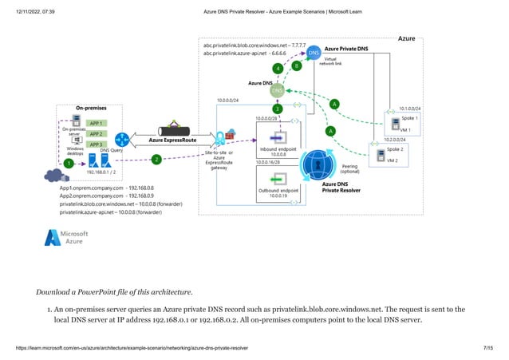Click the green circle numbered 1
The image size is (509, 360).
69,163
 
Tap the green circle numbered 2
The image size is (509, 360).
156,160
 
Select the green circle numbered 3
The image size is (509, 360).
277,109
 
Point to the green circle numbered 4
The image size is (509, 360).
277,69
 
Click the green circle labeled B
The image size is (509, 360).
297,65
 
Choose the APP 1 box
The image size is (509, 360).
97,124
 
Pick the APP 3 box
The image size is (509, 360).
97,144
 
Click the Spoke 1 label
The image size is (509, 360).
409,118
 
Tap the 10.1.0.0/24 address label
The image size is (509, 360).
408,108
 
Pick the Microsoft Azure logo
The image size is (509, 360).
67,237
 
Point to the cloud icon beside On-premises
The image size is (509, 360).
54,176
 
